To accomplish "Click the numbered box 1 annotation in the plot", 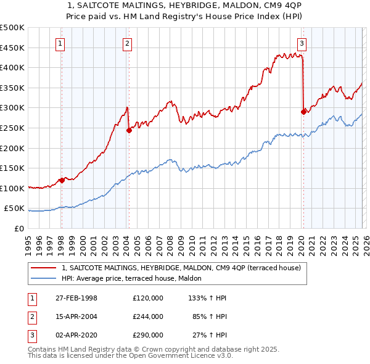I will coord(60,43).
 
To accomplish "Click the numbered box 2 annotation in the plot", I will coord(126,43).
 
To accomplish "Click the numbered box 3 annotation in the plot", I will coord(302,43).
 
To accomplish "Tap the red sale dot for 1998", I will coord(62,180).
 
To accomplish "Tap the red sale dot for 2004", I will coord(129,130).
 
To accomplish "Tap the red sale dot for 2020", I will coord(303,112).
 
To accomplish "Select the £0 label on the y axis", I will coord(19,228).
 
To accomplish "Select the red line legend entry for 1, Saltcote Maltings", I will coord(181,268).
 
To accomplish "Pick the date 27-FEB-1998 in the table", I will coord(75,298).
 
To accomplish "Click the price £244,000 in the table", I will coord(148,316).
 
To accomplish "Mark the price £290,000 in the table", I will coord(148,335).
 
